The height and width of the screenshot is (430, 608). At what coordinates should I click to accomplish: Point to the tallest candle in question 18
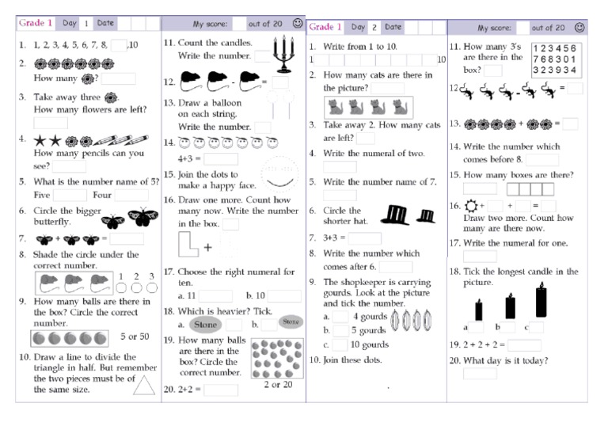[x=541, y=302]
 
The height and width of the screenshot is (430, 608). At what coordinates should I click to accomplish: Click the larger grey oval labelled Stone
[x=206, y=324]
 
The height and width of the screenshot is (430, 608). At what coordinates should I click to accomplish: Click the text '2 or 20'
[x=277, y=384]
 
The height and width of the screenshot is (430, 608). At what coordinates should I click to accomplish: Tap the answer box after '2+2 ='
[x=221, y=390]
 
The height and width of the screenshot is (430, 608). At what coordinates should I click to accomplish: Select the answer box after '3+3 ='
[x=365, y=238]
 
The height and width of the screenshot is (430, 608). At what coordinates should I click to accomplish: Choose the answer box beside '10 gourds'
[x=340, y=344]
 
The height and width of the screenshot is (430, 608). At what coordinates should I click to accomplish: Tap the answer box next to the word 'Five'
[x=70, y=195]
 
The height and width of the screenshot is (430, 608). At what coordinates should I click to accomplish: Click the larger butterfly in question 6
[x=140, y=216]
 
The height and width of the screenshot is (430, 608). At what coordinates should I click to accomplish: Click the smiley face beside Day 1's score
[x=298, y=24]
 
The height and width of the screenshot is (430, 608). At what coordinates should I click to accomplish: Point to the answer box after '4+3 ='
[x=221, y=158]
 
